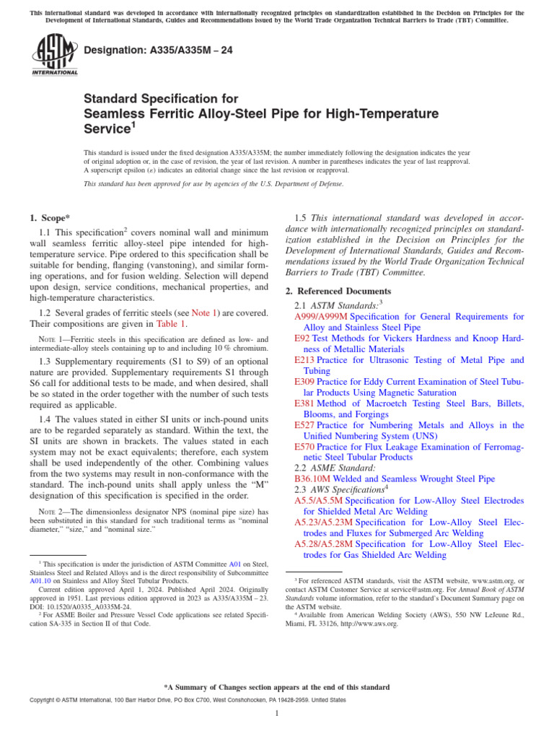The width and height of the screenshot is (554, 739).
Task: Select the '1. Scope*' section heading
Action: tap(50, 217)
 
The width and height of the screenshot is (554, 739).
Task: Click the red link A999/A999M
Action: tap(321, 316)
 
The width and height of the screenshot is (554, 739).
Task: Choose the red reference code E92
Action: tap(302, 338)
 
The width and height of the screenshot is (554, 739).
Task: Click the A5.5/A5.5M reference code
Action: tap(320, 500)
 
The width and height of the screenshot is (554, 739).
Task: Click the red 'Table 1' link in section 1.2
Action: tap(172, 324)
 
